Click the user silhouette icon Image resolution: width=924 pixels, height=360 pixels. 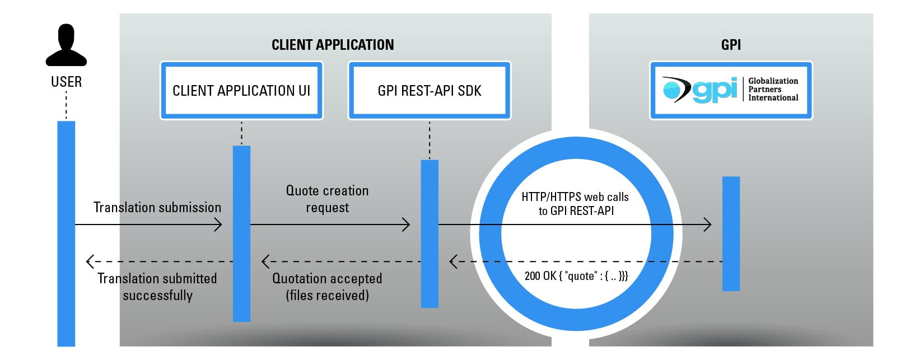[66, 45]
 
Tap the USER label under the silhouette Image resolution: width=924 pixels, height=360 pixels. [67, 82]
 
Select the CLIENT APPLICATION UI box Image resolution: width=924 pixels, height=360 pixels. [241, 90]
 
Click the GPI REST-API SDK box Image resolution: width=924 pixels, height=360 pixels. [430, 90]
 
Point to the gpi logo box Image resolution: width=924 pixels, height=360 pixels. [731, 90]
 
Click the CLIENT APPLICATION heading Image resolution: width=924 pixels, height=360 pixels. [333, 45]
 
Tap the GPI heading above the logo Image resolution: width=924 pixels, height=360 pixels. [731, 45]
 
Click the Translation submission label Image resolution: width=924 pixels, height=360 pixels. [157, 207]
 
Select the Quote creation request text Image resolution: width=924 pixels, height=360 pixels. [327, 199]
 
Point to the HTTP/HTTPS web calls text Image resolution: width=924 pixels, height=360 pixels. [576, 204]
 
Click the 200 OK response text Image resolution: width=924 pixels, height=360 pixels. [576, 275]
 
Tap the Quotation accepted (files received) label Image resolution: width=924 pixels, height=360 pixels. [327, 287]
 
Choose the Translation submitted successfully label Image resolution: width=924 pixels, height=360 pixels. [157, 287]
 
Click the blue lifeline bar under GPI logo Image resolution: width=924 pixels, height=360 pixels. [731, 234]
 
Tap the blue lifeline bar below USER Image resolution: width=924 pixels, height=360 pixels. [66, 234]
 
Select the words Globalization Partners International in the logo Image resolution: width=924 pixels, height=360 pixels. [773, 89]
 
